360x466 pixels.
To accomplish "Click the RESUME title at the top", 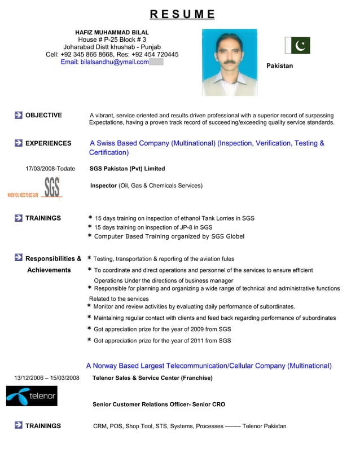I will click(x=182, y=14).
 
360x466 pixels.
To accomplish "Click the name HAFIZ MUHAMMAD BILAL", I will click(x=112, y=32).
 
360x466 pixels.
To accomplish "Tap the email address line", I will click(x=105, y=62).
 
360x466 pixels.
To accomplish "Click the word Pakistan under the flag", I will click(x=279, y=66).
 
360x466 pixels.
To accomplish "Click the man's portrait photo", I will click(x=230, y=62).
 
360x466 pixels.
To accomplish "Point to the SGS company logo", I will click(x=51, y=188).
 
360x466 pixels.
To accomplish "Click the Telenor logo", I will click(x=32, y=395).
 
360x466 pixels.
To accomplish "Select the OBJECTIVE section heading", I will click(x=43, y=115).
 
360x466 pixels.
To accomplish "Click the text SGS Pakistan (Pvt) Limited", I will click(x=128, y=169).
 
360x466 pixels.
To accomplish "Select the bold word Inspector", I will click(x=104, y=186).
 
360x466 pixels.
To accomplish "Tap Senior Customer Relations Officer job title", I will click(x=159, y=405).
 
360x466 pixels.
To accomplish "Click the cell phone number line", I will click(x=112, y=54).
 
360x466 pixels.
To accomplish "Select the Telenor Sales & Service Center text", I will click(x=152, y=377).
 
